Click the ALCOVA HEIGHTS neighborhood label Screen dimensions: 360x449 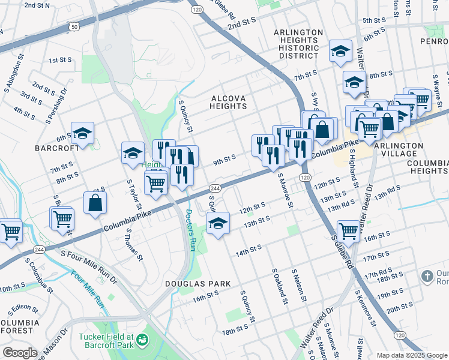click(x=228, y=101)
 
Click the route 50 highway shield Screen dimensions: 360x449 click(x=74, y=27)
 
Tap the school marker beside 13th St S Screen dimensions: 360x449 click(x=218, y=224)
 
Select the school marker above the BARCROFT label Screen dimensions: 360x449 click(x=82, y=134)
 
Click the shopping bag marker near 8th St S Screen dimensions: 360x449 click(x=95, y=203)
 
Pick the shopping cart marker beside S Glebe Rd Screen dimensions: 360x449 click(x=348, y=230)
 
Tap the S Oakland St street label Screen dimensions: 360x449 click(x=279, y=286)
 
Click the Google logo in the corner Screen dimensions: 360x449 click(x=20, y=353)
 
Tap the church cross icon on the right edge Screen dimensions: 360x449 click(x=427, y=277)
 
